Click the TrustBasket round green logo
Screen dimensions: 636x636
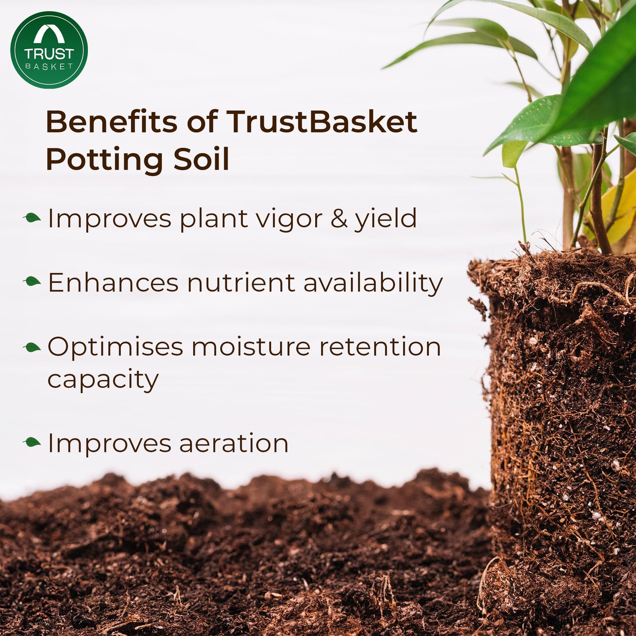click(x=49, y=50)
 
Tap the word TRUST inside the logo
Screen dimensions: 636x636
click(x=49, y=54)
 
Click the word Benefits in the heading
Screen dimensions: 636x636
click(x=112, y=122)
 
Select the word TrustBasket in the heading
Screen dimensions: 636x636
click(x=322, y=122)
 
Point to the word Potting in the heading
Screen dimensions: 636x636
click(x=105, y=159)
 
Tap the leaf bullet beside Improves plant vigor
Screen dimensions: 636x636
click(x=32, y=218)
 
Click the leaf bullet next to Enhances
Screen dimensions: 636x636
click(x=32, y=282)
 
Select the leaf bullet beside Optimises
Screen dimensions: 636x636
click(x=32, y=347)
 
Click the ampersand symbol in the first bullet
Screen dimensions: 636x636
click(x=339, y=219)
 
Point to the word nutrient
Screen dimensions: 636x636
click(x=241, y=283)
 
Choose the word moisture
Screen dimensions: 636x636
click(x=251, y=347)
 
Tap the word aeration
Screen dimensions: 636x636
click(x=234, y=443)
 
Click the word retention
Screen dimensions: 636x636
click(x=380, y=347)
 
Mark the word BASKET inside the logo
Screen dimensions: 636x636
click(x=49, y=66)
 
